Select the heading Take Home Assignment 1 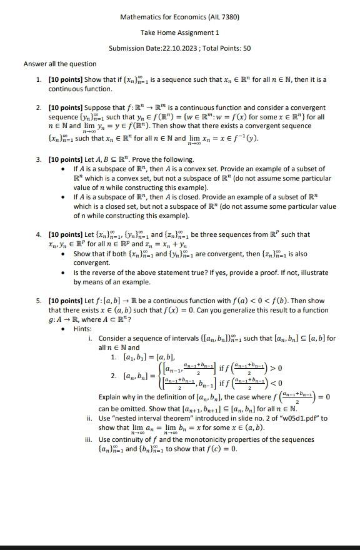[x=180, y=32]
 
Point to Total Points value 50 [x=247, y=48]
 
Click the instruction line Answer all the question [x=60, y=64]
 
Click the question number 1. [x=39, y=80]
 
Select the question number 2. [x=39, y=108]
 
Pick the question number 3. [x=39, y=160]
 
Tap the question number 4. [x=39, y=235]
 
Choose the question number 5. [x=39, y=301]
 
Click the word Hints [x=82, y=329]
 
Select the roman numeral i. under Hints [x=91, y=338]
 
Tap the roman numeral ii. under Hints [x=90, y=418]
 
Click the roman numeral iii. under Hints [x=89, y=440]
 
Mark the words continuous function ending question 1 [x=71, y=89]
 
